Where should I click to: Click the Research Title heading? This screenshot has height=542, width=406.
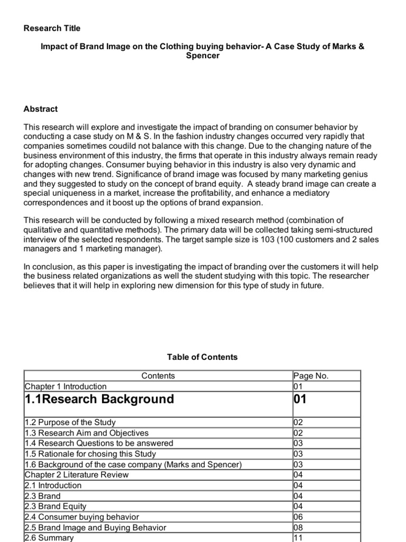[x=52, y=28]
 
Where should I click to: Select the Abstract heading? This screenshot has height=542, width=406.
[x=41, y=109]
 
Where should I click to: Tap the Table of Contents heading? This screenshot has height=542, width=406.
[x=202, y=357]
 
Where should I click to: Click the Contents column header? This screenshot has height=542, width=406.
[x=158, y=376]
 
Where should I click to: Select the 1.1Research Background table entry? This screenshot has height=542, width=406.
[x=99, y=399]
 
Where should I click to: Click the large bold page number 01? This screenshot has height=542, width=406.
[x=300, y=399]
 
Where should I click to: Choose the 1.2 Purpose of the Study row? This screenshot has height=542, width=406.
[x=70, y=422]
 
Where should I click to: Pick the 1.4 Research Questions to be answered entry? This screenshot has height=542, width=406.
[x=99, y=443]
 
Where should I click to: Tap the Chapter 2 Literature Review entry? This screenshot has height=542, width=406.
[x=77, y=475]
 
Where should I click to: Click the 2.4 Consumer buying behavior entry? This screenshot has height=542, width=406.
[x=82, y=517]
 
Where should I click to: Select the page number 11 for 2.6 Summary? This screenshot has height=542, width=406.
[x=298, y=537]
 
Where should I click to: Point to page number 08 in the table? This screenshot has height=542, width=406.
[x=299, y=527]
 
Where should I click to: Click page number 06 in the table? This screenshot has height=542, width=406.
[x=299, y=517]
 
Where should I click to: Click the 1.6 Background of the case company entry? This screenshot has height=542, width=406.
[x=133, y=464]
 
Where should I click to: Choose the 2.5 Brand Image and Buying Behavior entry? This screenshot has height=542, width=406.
[x=95, y=527]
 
